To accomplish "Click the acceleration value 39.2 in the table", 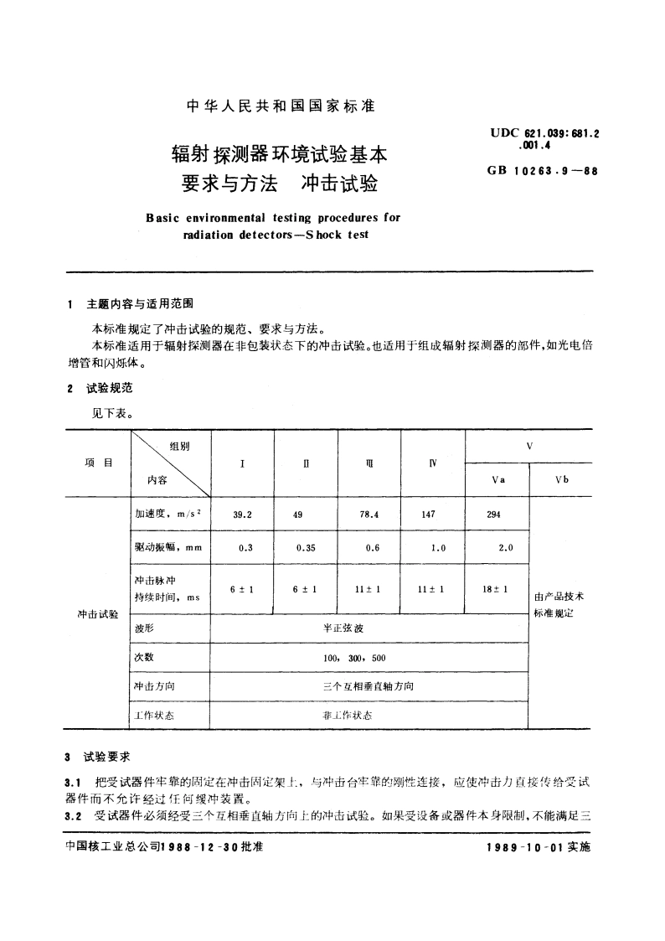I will click(243, 515).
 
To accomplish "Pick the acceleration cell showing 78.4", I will click(369, 515).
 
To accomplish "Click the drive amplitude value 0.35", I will click(306, 548).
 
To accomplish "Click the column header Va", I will click(497, 479).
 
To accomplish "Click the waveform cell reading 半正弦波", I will click(369, 628).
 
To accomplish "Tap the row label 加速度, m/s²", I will click(164, 515).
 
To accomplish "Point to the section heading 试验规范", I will click(109, 389).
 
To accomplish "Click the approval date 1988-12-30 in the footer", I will click(198, 847).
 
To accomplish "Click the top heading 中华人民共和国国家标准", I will click(280, 106).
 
